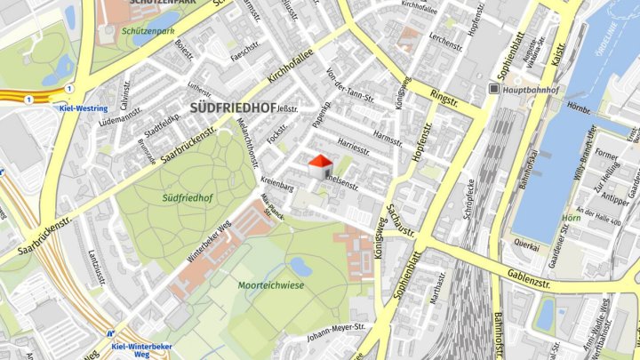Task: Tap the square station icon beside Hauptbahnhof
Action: click(494, 89)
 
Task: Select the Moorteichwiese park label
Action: click(271, 285)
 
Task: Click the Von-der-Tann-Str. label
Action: click(346, 88)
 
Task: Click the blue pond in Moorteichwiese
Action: click(302, 266)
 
